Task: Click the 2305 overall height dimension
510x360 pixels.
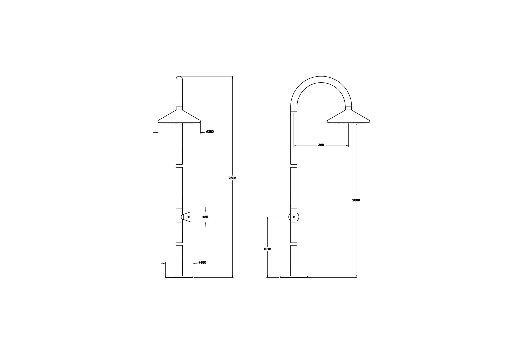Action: click(x=232, y=178)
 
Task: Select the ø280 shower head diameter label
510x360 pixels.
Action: click(x=210, y=132)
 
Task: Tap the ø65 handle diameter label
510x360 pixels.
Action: click(x=205, y=217)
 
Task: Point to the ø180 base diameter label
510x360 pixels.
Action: click(x=202, y=262)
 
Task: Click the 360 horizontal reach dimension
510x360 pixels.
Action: click(x=321, y=145)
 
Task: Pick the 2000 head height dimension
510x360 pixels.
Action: click(x=356, y=200)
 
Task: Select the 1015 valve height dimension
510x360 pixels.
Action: click(x=267, y=249)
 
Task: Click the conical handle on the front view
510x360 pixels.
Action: click(x=186, y=217)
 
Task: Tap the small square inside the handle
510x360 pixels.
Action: click(x=189, y=217)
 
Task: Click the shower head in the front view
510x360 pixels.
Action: click(x=179, y=117)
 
